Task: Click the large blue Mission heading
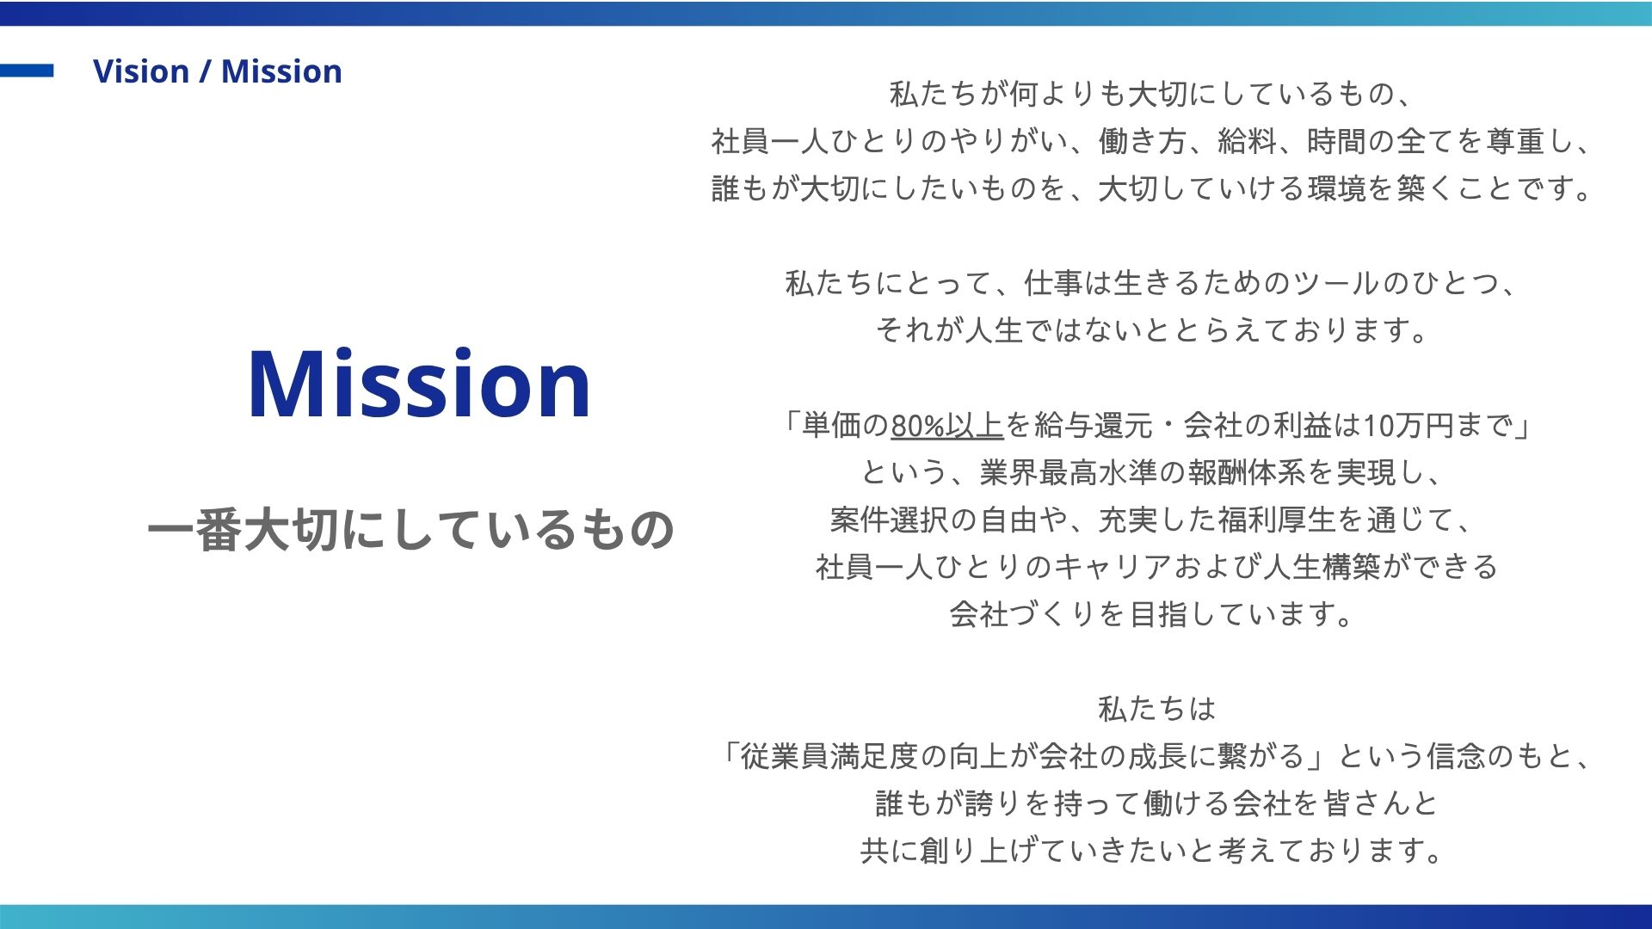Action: pyautogui.click(x=419, y=384)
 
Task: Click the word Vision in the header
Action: pyautogui.click(x=141, y=71)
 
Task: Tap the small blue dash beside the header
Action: pyautogui.click(x=27, y=71)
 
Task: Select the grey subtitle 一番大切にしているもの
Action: pyautogui.click(x=410, y=529)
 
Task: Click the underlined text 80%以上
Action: pyautogui.click(x=946, y=426)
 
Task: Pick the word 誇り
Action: pyautogui.click(x=993, y=803)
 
